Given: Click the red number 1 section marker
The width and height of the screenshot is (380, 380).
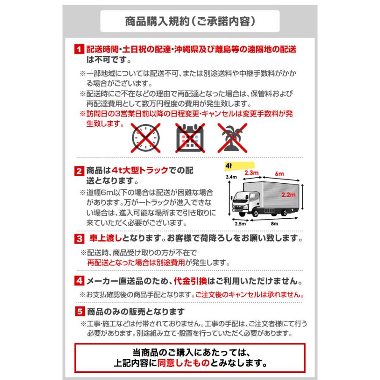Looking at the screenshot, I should pos(79,49).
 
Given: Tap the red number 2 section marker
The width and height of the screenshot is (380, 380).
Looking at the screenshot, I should pos(79,171).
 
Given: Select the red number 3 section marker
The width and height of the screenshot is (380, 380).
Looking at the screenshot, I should pos(79,239).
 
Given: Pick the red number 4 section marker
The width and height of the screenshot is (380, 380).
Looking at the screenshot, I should pos(79,281).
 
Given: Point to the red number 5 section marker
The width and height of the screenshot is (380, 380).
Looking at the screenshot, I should pos(79,312).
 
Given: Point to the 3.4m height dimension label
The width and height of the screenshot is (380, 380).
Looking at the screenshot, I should pos(230,177).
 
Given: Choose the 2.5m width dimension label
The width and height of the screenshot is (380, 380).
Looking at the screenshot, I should pos(240,224).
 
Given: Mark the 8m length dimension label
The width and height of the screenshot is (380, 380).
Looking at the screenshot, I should pos(274,224).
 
